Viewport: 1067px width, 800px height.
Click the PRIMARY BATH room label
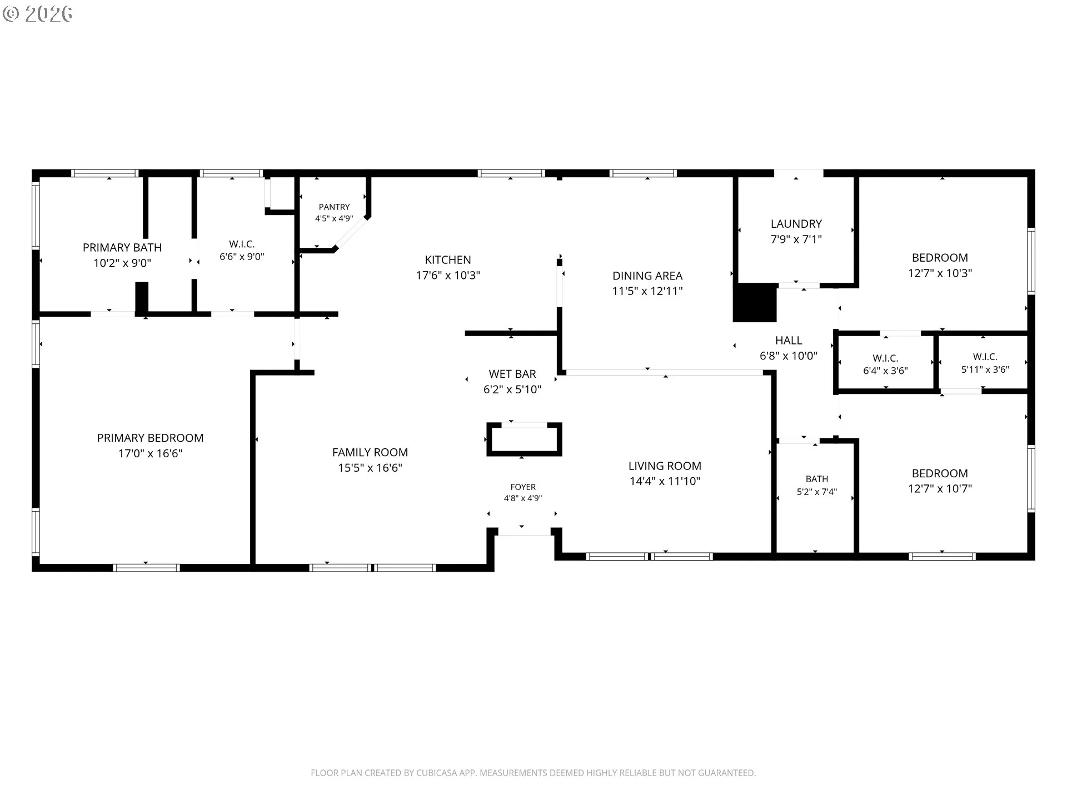(x=122, y=248)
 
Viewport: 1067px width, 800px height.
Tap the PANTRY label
(x=334, y=207)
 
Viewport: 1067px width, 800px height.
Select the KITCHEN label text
(x=448, y=260)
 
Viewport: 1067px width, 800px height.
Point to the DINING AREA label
(x=647, y=276)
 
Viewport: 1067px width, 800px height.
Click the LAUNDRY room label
(x=796, y=224)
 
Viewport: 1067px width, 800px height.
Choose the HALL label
(x=789, y=341)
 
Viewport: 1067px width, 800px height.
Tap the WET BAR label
(x=512, y=374)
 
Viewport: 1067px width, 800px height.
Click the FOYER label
(x=523, y=487)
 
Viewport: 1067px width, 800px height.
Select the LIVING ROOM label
(x=665, y=466)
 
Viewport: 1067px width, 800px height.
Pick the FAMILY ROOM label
(x=370, y=453)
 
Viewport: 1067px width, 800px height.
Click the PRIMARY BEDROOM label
(x=150, y=438)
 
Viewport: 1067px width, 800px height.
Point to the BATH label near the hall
(x=817, y=479)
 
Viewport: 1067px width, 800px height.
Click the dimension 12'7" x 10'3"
(x=940, y=273)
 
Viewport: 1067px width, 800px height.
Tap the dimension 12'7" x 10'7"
(x=940, y=489)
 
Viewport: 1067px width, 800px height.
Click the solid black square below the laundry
(x=755, y=303)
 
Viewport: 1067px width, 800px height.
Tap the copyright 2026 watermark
(x=37, y=14)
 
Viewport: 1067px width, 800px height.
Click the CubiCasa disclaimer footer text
(x=533, y=773)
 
